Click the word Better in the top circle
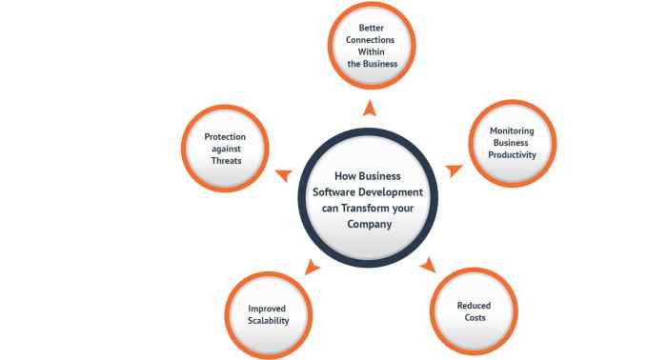[371, 28]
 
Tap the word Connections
[371, 40]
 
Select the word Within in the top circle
[371, 52]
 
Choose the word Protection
[225, 137]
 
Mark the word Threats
[225, 162]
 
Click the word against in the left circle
[225, 150]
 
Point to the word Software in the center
[339, 193]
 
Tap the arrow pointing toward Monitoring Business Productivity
[455, 170]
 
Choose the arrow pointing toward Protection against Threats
[283, 172]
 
